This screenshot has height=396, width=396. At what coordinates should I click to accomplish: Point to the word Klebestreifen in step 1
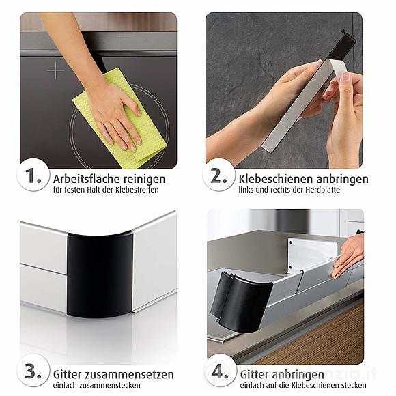[x=137, y=190]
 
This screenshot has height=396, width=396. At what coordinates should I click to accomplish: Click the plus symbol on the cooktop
[x=55, y=70]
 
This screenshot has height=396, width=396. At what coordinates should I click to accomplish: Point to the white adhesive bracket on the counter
[x=311, y=253]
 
